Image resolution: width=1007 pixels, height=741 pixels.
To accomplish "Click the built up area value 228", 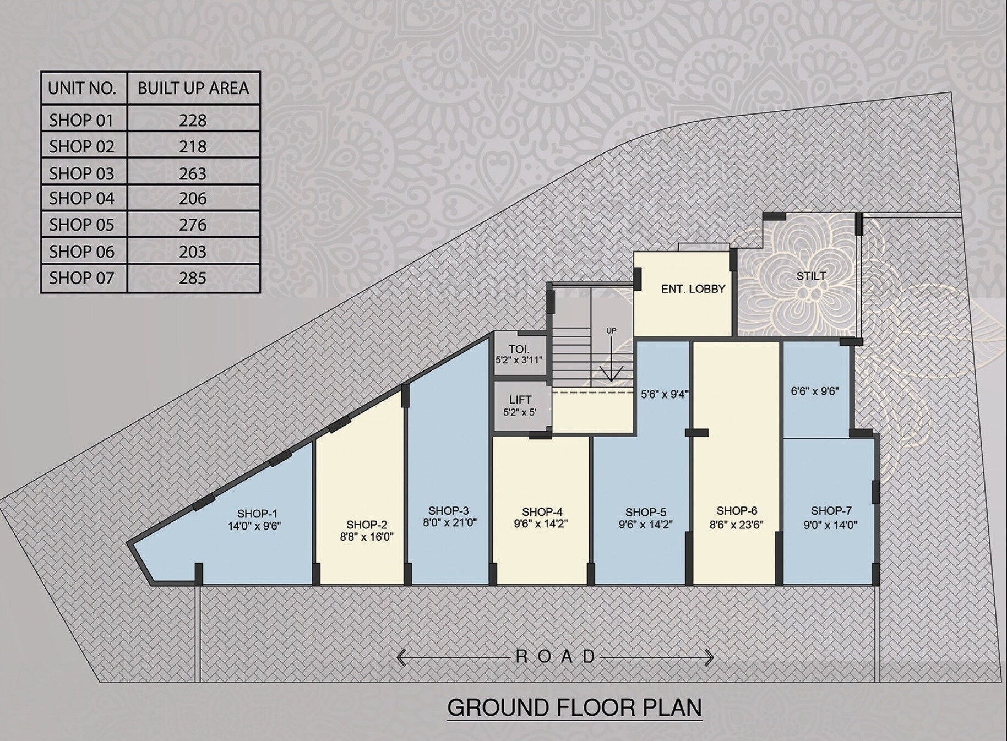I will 193,120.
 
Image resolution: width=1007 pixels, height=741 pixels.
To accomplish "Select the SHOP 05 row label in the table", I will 81,225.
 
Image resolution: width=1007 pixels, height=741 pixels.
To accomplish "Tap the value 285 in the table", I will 193,277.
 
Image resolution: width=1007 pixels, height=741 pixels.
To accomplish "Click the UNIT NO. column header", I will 82,88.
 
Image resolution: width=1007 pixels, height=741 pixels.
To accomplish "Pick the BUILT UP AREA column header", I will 193,88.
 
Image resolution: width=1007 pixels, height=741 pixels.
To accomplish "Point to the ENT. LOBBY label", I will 693,288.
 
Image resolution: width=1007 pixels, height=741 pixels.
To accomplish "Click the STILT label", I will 810,276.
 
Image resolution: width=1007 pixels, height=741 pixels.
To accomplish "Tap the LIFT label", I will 520,400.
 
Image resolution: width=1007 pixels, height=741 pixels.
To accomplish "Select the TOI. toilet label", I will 519,349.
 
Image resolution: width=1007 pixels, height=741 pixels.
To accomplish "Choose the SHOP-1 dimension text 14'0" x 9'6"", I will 254,526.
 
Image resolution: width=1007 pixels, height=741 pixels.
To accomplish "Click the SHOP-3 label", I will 448,511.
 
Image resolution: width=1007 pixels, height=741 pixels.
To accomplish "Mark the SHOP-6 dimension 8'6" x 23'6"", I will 736,525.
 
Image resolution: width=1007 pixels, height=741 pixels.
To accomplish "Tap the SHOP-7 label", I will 831,511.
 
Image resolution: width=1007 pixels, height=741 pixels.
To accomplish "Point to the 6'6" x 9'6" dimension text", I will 815,391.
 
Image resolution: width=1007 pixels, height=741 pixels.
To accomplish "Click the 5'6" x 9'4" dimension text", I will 665,394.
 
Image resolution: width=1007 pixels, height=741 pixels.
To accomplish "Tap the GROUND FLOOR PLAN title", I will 574,707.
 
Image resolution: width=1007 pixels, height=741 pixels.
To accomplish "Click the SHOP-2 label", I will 367,525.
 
